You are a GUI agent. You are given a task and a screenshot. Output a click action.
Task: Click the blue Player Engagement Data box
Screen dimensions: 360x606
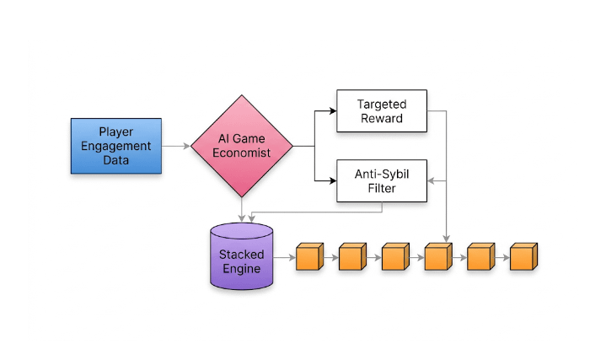[115, 146]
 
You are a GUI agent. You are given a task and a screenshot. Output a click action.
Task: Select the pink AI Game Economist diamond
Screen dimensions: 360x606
[242, 146]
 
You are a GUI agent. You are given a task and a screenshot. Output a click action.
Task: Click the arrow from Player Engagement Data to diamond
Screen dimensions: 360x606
[175, 146]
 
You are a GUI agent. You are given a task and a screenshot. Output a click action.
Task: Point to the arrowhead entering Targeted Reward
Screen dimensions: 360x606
[331, 110]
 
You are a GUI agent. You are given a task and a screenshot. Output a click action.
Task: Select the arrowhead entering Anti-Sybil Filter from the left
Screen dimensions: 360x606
[331, 180]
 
